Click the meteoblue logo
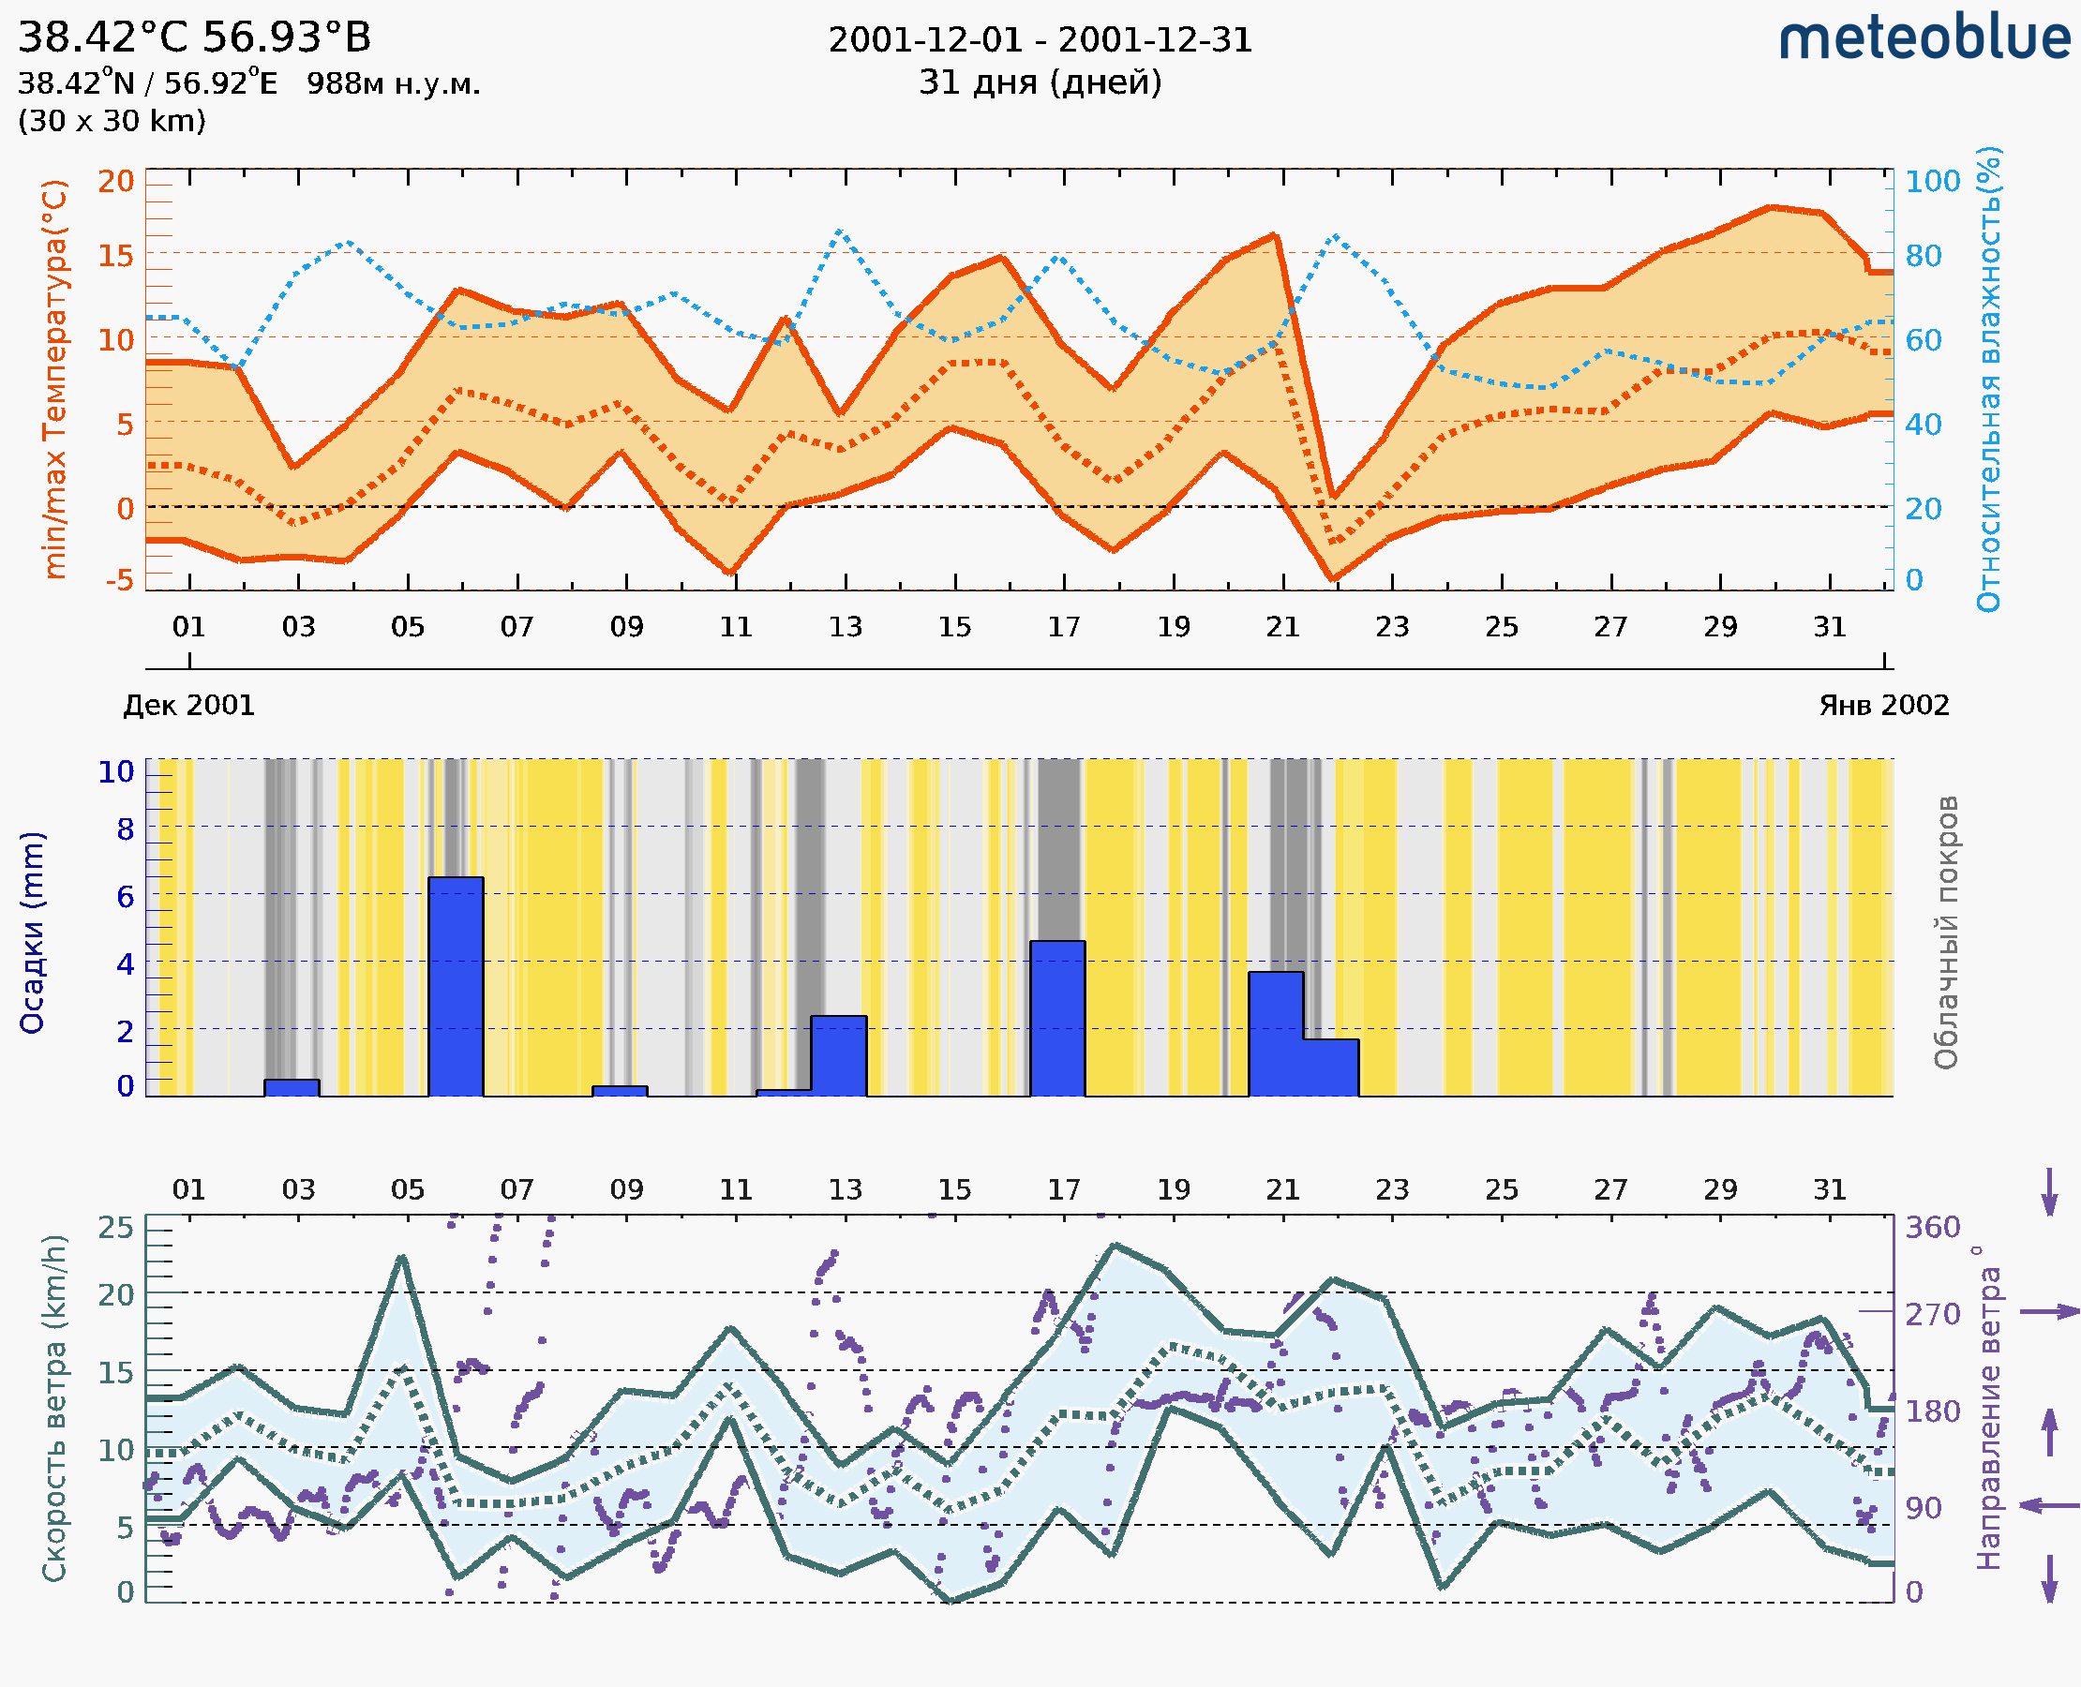[1924, 38]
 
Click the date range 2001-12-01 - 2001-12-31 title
[1040, 40]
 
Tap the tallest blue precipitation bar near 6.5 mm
[456, 986]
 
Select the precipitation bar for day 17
[1057, 1019]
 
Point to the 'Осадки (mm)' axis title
[32, 932]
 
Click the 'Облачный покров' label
[1946, 932]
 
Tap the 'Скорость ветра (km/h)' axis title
[54, 1408]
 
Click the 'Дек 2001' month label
[188, 706]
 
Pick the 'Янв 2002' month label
[1884, 706]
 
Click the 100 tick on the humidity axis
[1932, 182]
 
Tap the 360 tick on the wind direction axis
[1932, 1228]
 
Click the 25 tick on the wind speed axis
[116, 1228]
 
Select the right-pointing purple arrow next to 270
[2049, 1312]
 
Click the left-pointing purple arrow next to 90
[2049, 1505]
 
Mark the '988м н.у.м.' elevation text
[394, 84]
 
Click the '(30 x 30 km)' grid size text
[112, 122]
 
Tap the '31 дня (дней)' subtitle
[1040, 82]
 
